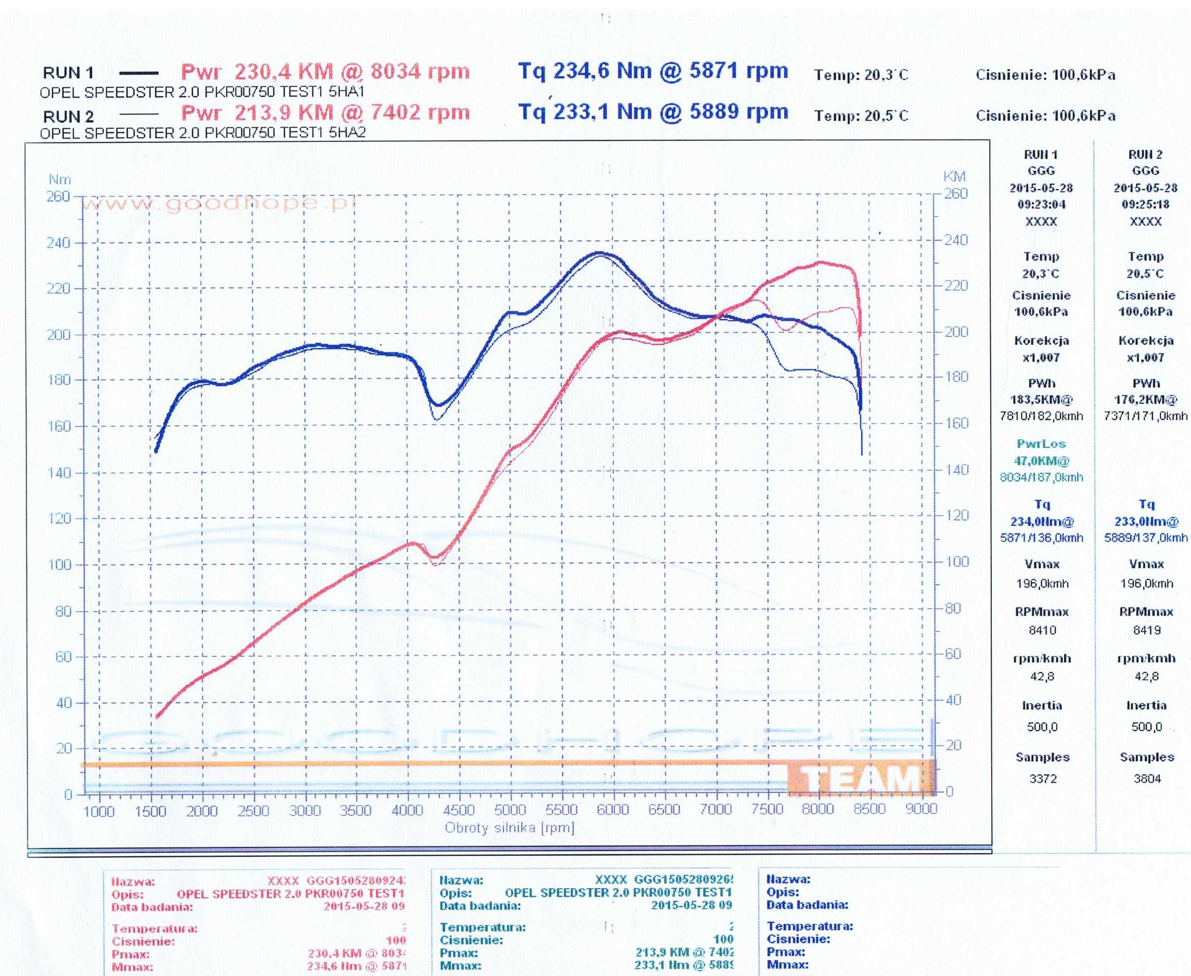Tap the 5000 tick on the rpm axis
510,810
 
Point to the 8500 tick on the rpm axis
869,809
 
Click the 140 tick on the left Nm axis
59,472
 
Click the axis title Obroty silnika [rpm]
509,828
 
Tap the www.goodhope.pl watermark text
219,203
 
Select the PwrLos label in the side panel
1041,444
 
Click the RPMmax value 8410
1042,630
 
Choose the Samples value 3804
1147,779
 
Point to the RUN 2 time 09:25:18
1145,204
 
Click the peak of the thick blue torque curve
600,253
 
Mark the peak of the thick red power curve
820,262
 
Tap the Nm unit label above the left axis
59,179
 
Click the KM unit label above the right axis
954,177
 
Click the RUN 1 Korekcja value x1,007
1041,357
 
